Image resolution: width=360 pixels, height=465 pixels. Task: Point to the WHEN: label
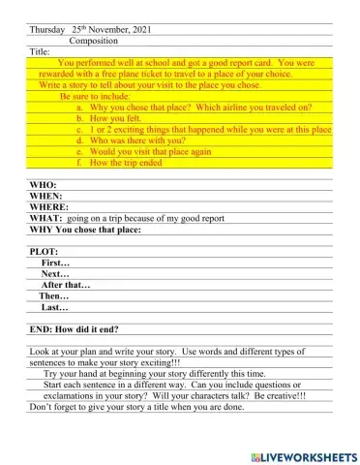tap(46, 196)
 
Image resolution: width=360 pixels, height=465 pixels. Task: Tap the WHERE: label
tap(49, 207)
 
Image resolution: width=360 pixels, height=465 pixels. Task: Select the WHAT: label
tap(45, 219)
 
